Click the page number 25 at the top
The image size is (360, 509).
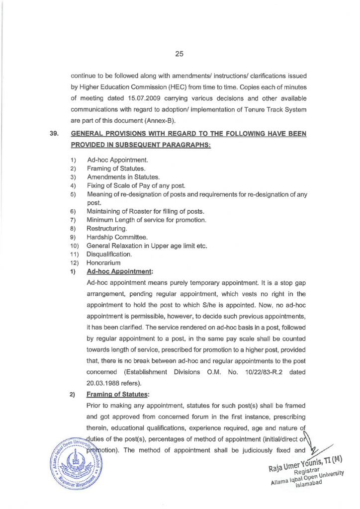pyautogui.click(x=180, y=54)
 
